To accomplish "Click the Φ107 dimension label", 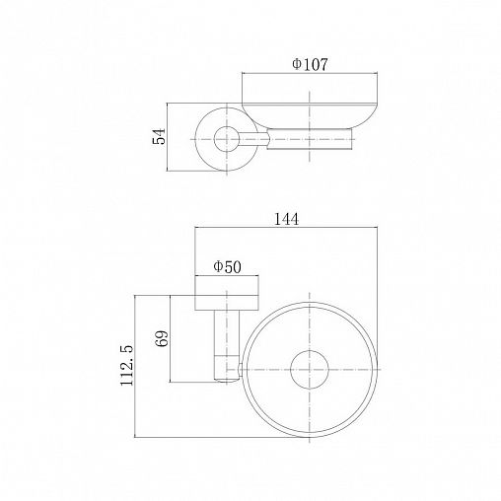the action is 310,64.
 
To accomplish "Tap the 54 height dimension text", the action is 159,136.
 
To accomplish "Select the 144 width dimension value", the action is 287,219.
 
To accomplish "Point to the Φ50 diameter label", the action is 227,266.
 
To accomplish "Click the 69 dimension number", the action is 162,338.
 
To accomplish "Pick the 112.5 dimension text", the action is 127,365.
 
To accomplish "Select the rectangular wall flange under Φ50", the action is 227,293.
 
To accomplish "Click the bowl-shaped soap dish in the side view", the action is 310,115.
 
